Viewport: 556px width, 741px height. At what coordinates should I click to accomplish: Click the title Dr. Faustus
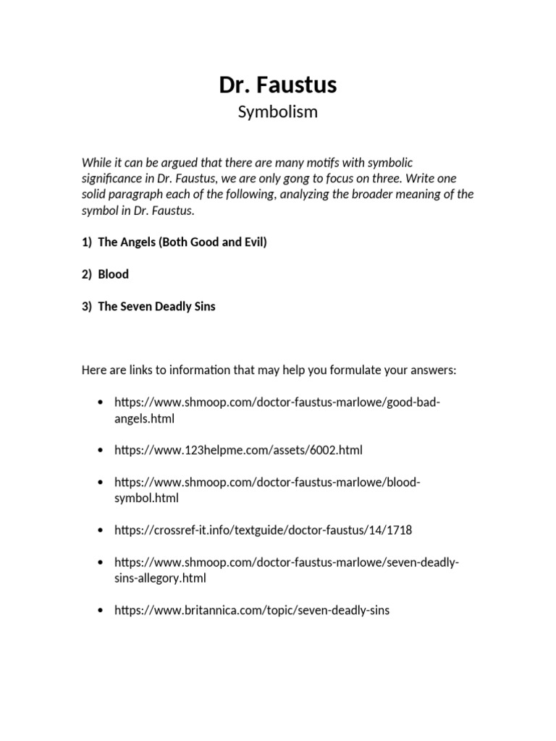click(x=278, y=85)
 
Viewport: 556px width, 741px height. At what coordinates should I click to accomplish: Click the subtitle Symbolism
click(x=278, y=113)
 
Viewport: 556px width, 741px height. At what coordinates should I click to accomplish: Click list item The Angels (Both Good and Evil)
click(x=182, y=242)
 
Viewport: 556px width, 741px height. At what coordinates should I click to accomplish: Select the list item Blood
click(x=114, y=274)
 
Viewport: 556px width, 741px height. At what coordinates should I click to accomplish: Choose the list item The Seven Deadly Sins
click(x=156, y=306)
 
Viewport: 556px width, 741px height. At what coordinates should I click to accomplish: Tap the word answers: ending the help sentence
click(x=434, y=370)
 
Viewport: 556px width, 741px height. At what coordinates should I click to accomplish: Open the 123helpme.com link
click(x=238, y=450)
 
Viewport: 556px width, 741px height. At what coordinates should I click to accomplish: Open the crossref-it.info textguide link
click(x=263, y=530)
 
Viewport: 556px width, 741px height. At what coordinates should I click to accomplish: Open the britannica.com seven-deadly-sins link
click(x=252, y=610)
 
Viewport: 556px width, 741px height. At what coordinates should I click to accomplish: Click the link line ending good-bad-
click(x=277, y=402)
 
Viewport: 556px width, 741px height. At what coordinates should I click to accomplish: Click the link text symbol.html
click(x=146, y=498)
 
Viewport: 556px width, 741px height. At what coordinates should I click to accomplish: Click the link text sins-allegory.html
click(x=161, y=578)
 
